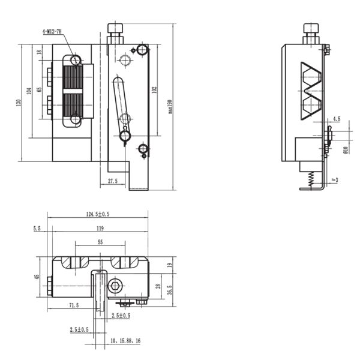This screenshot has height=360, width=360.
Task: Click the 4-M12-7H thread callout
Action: pyautogui.click(x=52, y=31)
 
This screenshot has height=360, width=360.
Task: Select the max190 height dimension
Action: pyautogui.click(x=170, y=107)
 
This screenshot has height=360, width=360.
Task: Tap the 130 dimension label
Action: pyautogui.click(x=19, y=103)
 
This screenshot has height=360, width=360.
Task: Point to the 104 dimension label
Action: pyautogui.click(x=29, y=91)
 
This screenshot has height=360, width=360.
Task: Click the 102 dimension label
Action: pyautogui.click(x=154, y=90)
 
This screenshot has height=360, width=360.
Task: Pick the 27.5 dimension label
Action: pyautogui.click(x=113, y=181)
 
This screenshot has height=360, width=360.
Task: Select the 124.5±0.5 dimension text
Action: pyautogui.click(x=98, y=214)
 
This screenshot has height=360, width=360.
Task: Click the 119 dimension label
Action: pyautogui.click(x=100, y=229)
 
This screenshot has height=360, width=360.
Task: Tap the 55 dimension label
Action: pyautogui.click(x=100, y=242)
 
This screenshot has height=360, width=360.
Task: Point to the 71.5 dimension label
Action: pyautogui.click(x=74, y=305)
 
